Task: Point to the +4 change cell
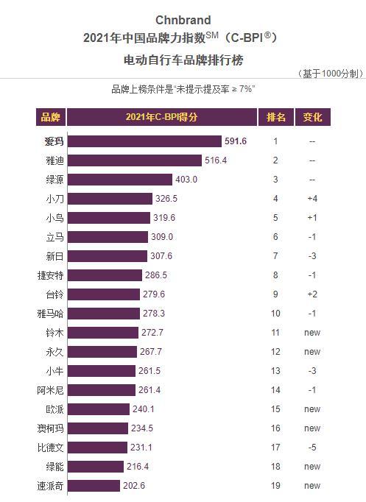tap(312, 198)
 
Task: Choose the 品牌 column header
tap(51, 117)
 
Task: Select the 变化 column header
tap(312, 117)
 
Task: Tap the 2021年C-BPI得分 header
tap(161, 117)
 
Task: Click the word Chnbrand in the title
tap(183, 20)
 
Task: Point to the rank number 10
tap(275, 313)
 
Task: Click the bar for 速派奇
tap(96, 485)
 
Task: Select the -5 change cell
tap(312, 447)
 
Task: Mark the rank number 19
tap(275, 485)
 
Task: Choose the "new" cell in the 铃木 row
tap(312, 332)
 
